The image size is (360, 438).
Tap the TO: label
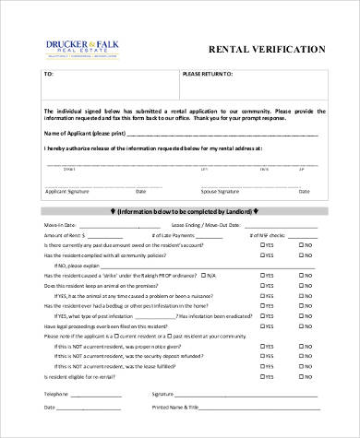(50, 73)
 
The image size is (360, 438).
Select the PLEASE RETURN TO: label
(208, 73)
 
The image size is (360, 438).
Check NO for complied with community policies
(300, 255)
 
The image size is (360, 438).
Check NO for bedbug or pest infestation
(300, 306)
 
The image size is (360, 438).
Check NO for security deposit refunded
(300, 355)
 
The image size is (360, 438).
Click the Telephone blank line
(102, 394)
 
